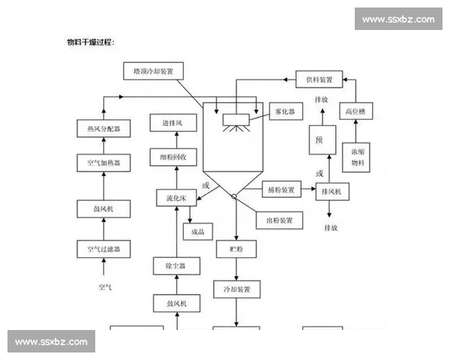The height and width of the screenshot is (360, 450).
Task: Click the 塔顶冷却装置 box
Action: [x=153, y=71]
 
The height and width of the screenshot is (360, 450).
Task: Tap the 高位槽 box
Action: [x=355, y=112]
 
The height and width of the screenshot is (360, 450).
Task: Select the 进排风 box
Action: [x=178, y=123]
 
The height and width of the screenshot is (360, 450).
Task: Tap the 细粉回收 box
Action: [x=178, y=157]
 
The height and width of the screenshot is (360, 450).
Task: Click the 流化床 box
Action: [x=176, y=199]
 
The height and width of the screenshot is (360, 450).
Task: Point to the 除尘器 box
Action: [x=176, y=265]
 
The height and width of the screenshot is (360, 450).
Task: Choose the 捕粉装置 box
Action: [x=280, y=190]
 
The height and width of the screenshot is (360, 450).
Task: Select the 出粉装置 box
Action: [x=280, y=221]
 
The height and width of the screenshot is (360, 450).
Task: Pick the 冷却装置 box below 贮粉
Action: [x=236, y=289]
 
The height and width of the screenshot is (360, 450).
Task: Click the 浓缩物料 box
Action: [x=357, y=156]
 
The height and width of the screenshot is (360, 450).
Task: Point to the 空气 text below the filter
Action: [x=104, y=286]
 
